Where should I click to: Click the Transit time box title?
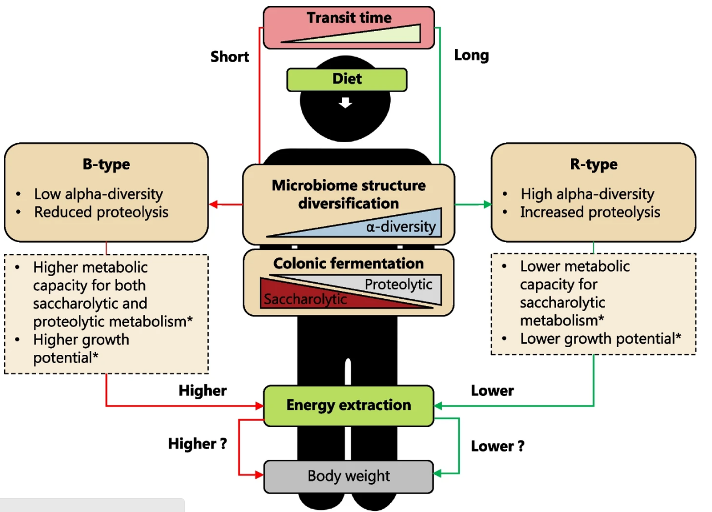tap(349, 17)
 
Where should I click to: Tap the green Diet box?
tap(347, 79)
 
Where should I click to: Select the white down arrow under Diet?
tap(346, 102)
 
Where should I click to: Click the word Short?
tap(230, 57)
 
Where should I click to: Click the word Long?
tap(471, 55)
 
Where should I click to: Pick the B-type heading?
tap(105, 165)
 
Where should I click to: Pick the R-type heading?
tap(593, 165)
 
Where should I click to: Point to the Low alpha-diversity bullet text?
tap(98, 194)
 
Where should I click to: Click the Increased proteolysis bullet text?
tap(590, 212)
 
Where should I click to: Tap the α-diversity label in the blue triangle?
tap(401, 227)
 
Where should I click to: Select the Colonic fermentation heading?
tap(349, 263)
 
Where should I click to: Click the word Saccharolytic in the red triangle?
tap(305, 299)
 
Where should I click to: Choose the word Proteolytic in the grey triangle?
tap(398, 284)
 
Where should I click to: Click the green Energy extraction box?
tap(349, 405)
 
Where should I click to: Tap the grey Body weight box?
tap(349, 476)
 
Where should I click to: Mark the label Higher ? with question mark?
tap(198, 444)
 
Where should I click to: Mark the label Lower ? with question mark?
tap(498, 446)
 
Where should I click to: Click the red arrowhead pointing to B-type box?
tap(213, 205)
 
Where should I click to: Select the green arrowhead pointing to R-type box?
tap(487, 205)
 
